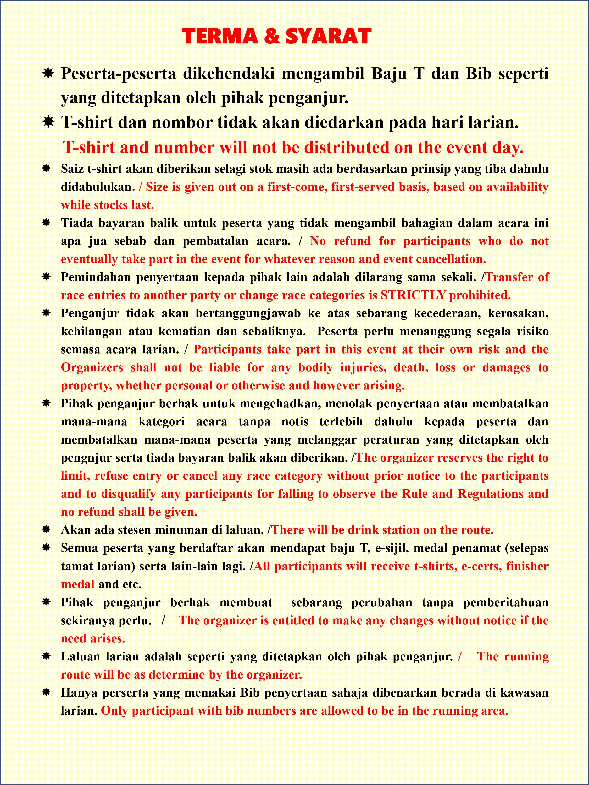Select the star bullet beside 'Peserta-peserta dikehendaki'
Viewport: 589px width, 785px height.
click(48, 74)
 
